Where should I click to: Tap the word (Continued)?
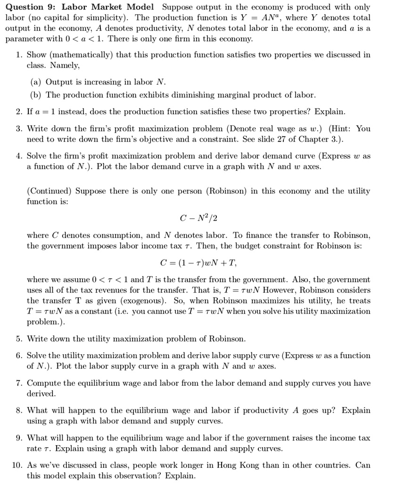[x=49, y=191]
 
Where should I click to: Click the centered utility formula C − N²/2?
[x=198, y=218]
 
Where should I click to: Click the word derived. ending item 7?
[x=41, y=393]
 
